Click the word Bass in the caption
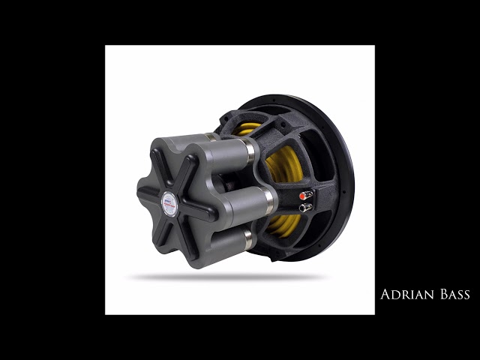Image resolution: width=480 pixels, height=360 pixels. (x=455, y=294)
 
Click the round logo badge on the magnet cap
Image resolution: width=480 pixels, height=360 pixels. (x=169, y=204)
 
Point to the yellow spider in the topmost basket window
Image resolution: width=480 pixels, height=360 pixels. (x=246, y=129)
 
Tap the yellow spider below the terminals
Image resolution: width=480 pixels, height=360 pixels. (x=283, y=226)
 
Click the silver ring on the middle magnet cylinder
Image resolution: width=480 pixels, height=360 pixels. (x=268, y=201)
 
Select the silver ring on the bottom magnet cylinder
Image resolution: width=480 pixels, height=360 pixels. (x=248, y=239)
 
